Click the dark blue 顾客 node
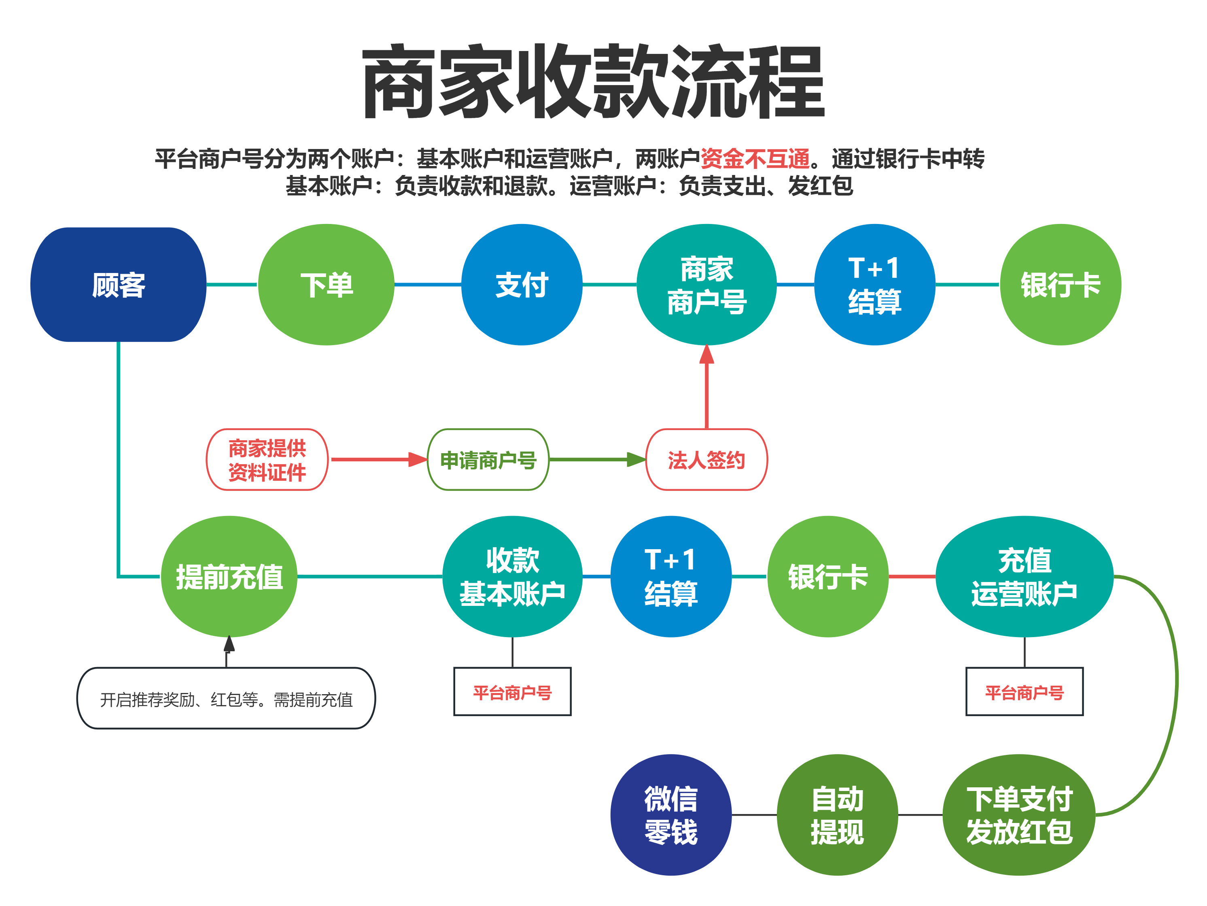tap(119, 285)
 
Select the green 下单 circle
tap(326, 285)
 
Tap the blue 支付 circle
tap(522, 285)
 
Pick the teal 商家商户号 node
tap(706, 285)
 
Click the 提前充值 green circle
tap(229, 576)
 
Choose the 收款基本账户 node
tap(512, 576)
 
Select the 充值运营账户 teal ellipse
tap(1024, 576)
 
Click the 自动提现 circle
tap(837, 815)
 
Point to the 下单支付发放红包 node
tap(1019, 815)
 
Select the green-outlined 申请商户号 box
tap(488, 460)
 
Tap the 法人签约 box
tap(706, 460)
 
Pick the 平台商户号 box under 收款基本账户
tap(512, 692)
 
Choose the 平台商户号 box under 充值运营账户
tap(1024, 692)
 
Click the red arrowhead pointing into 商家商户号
tap(706, 354)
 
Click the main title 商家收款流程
tap(593, 82)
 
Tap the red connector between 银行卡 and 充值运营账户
tap(912, 576)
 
